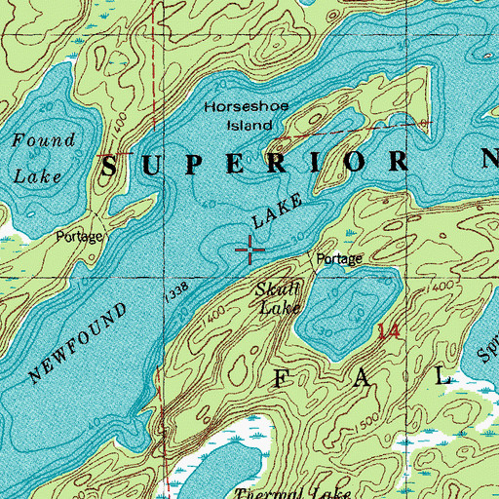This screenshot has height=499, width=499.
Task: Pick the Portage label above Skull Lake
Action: [339, 259]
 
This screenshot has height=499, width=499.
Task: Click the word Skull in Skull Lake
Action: [277, 289]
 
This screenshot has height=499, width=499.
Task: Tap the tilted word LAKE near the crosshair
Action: [272, 218]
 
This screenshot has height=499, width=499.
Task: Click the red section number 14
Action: [388, 332]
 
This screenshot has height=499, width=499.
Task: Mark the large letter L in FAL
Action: [444, 375]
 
